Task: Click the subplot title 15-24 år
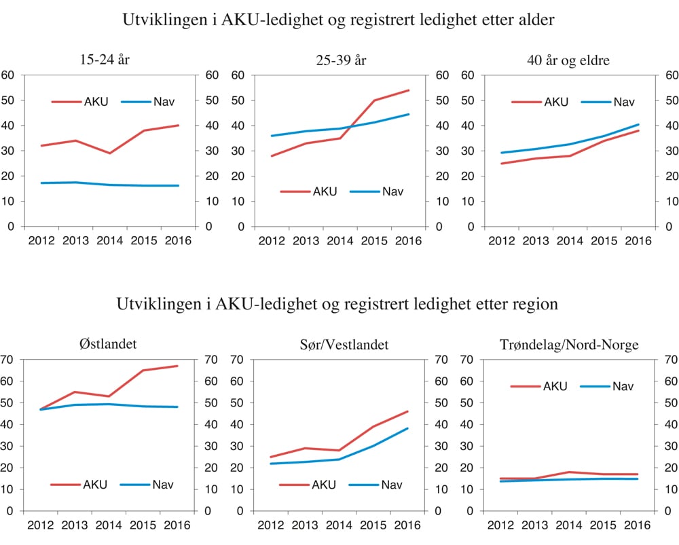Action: click(x=104, y=60)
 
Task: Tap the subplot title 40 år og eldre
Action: click(x=568, y=60)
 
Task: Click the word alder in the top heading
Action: click(x=535, y=20)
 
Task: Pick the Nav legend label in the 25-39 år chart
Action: click(x=392, y=191)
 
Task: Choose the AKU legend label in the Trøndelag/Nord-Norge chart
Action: click(x=555, y=386)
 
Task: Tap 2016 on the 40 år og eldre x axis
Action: click(x=637, y=240)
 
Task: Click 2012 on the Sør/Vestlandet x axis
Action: click(x=270, y=525)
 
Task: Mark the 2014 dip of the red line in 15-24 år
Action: click(x=109, y=153)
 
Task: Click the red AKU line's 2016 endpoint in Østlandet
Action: click(x=178, y=367)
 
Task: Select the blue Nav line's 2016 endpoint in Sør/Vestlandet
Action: click(x=408, y=428)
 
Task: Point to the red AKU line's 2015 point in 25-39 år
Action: click(x=373, y=100)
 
